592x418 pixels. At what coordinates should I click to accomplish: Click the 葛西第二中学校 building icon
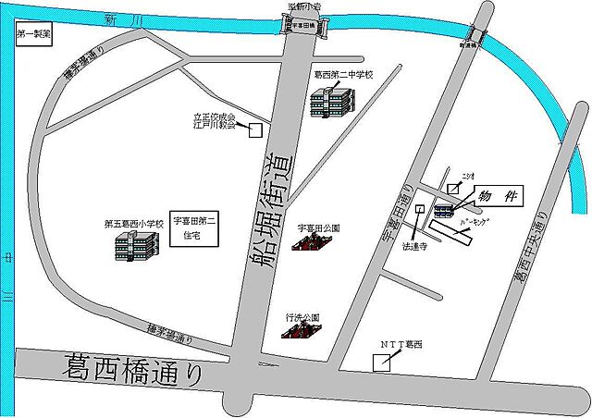click(x=329, y=101)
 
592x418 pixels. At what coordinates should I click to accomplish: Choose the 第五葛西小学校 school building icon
click(x=135, y=246)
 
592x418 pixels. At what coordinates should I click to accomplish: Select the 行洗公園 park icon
click(x=302, y=334)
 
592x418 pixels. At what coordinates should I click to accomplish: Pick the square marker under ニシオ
click(x=453, y=187)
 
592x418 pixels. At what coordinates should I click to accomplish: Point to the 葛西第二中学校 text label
click(x=343, y=75)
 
